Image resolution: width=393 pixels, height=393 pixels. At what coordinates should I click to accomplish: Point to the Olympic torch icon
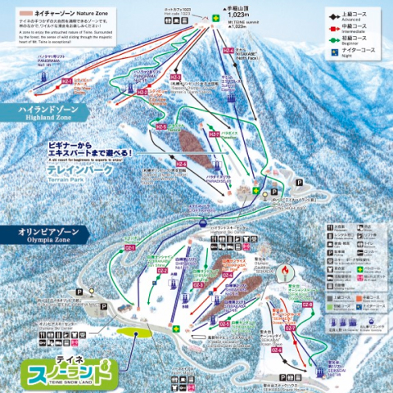[x=285, y=269]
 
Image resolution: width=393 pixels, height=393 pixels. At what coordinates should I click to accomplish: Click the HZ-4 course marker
[x=180, y=165]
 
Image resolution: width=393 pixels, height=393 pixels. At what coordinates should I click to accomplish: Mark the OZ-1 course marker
[x=129, y=247]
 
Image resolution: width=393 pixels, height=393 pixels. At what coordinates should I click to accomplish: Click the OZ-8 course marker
[x=308, y=304]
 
